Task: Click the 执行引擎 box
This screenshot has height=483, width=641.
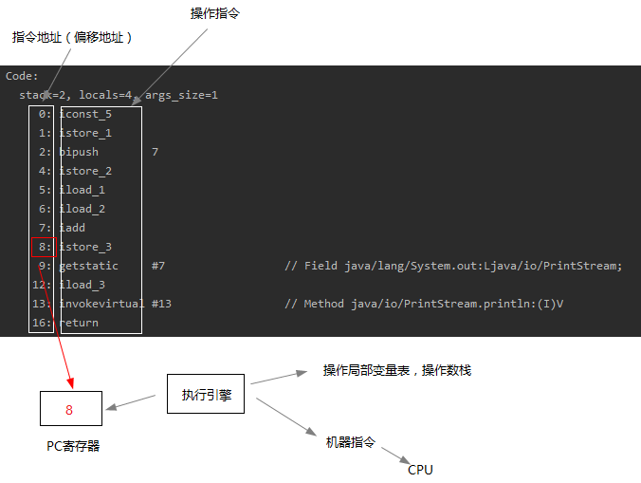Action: coord(206,394)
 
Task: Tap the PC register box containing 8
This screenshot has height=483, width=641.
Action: coord(69,410)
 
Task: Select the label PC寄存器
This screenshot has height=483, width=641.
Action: coord(73,446)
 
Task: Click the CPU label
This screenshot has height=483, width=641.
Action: coord(420,470)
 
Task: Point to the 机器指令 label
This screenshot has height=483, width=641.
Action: coord(351,442)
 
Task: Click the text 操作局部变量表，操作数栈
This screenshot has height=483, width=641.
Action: coord(396,371)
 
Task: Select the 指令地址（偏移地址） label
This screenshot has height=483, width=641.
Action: coord(72,37)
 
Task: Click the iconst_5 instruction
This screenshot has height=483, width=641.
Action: coord(85,114)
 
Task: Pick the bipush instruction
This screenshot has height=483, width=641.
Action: coord(79,152)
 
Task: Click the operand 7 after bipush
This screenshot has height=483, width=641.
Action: coord(155,152)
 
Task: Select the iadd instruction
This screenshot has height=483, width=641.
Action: coord(72,228)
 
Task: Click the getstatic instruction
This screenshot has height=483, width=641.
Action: coord(89,266)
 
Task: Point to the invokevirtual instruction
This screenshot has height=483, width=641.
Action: coord(101,304)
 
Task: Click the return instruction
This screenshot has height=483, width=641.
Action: coord(79,323)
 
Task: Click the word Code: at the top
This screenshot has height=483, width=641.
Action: coord(22,76)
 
